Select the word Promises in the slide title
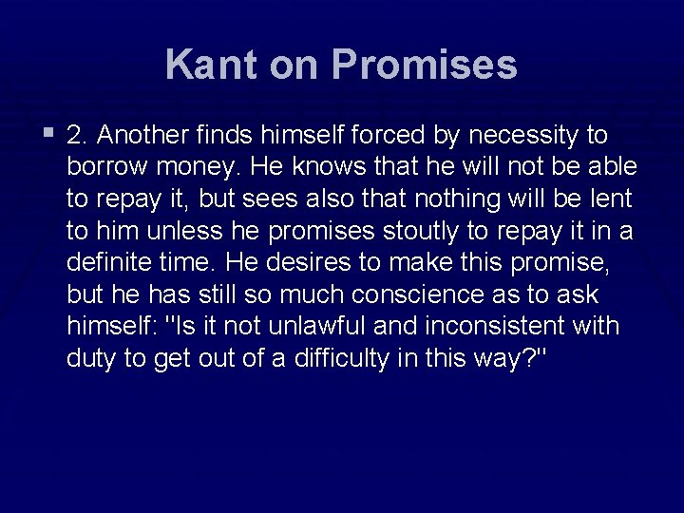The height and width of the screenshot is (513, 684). [x=426, y=65]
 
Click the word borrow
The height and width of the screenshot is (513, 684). [x=104, y=167]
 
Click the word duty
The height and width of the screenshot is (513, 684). [x=93, y=358]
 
